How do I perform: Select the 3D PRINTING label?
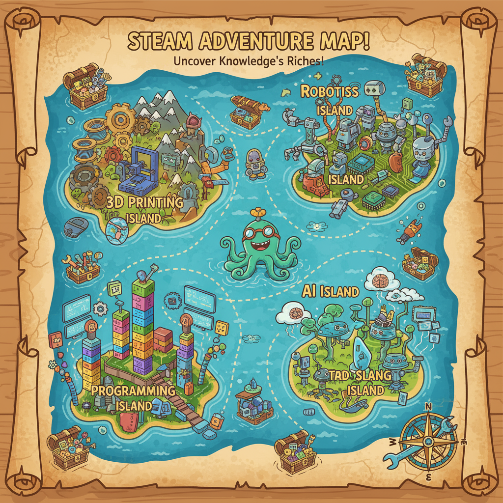pyautogui.click(x=145, y=202)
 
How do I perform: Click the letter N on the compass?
pyautogui.click(x=428, y=406)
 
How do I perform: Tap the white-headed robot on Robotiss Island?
pyautogui.click(x=422, y=152)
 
